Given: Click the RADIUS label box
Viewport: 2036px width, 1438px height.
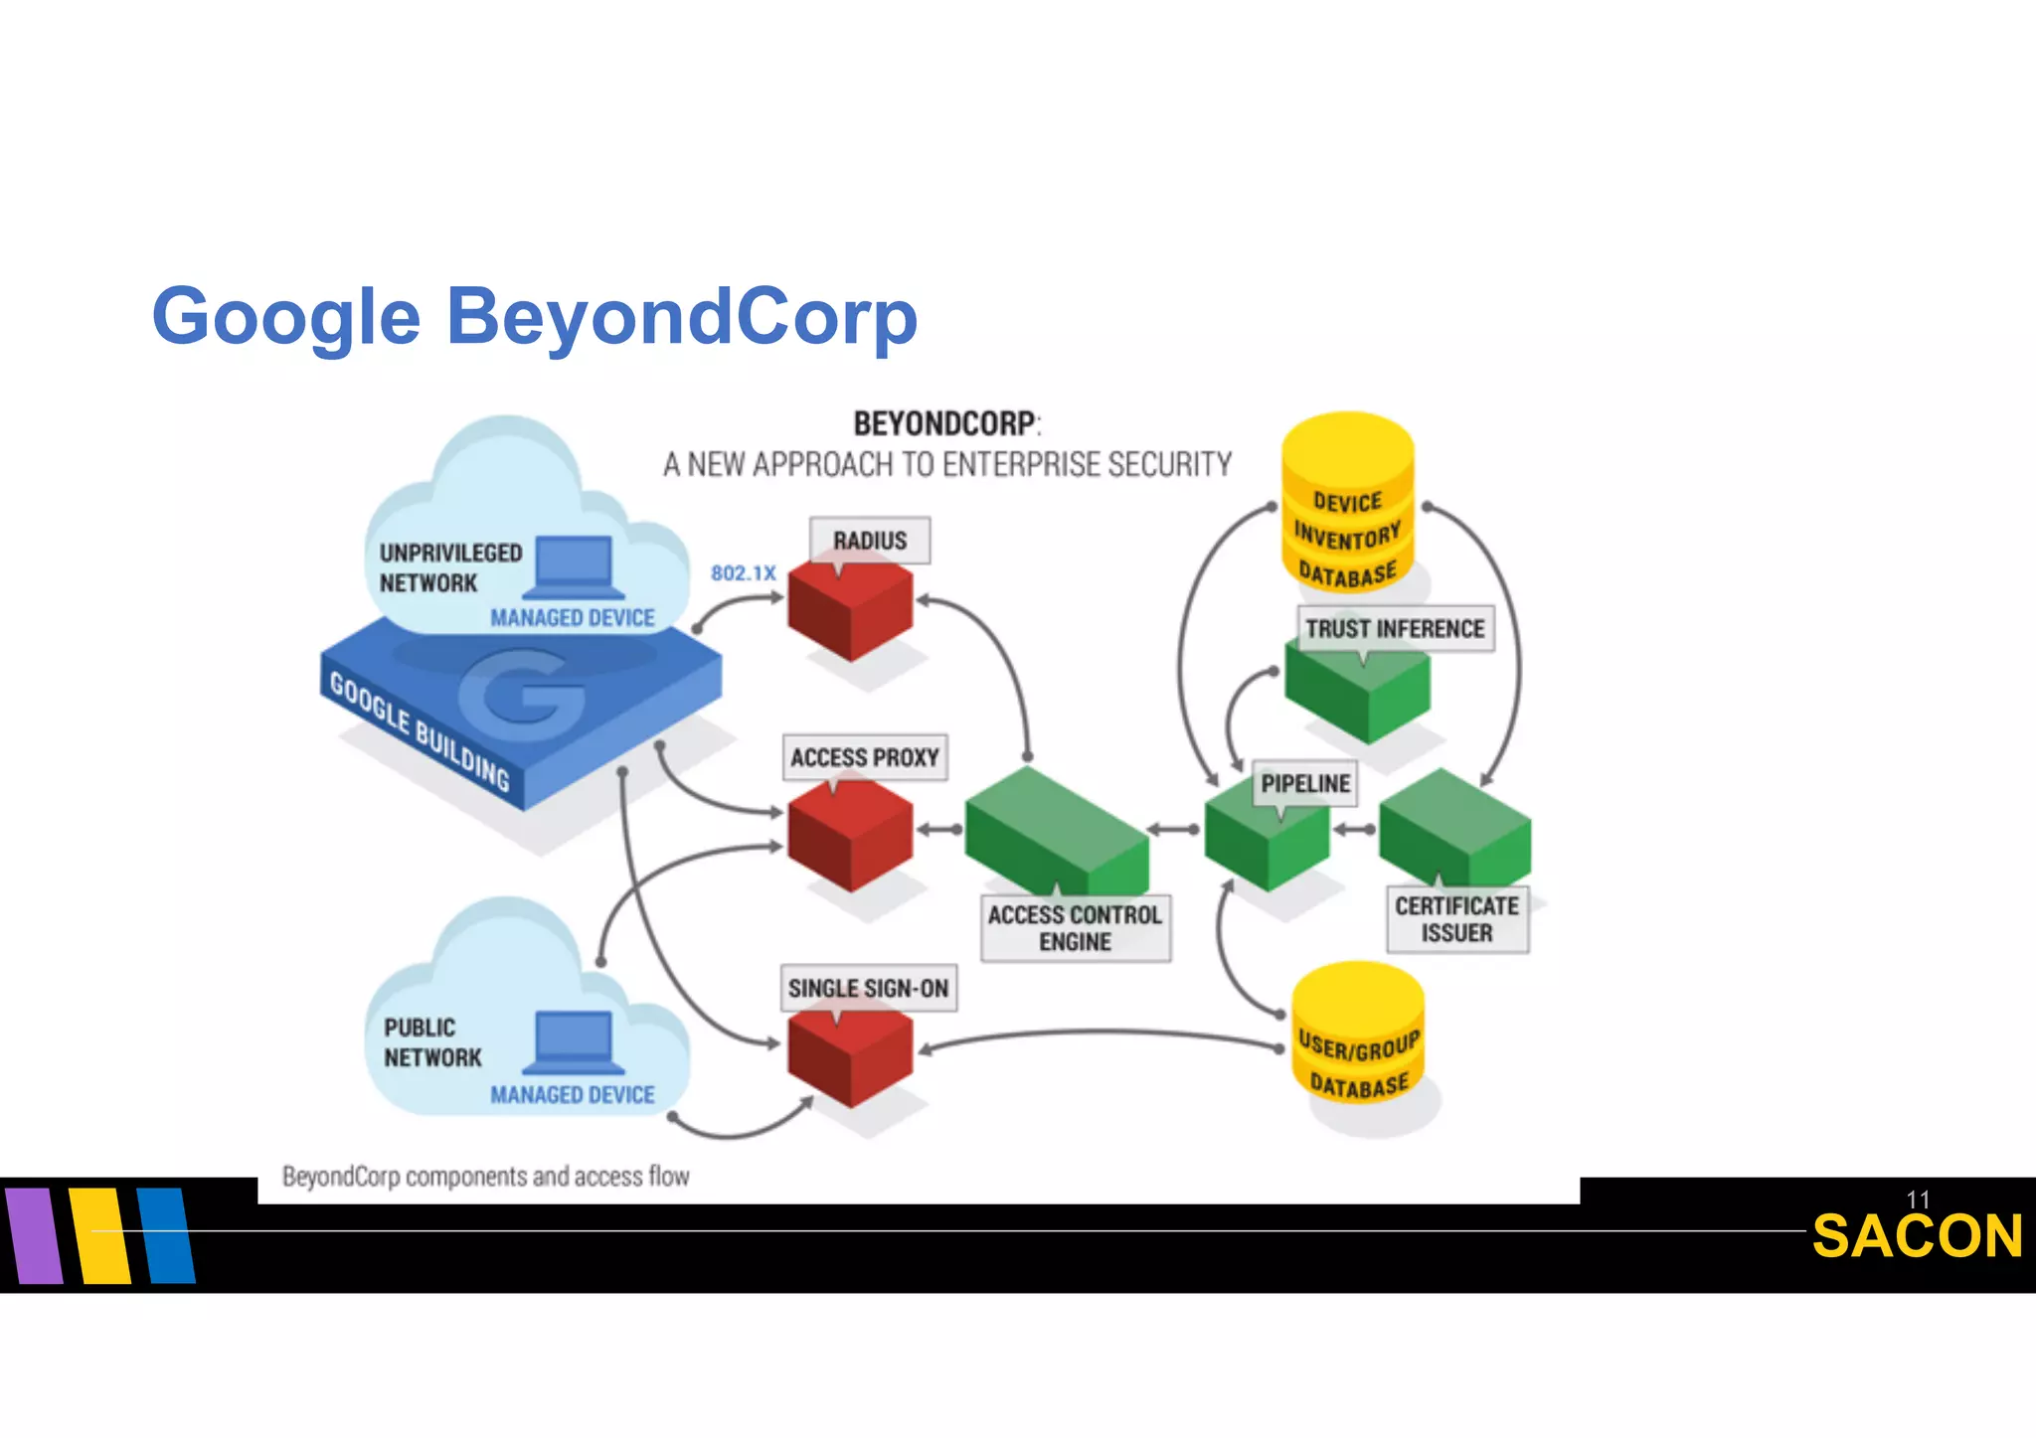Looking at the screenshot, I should (x=870, y=541).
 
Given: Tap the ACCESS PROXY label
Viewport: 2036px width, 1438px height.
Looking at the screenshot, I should (x=865, y=757).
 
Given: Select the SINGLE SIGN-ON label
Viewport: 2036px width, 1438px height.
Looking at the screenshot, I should (x=868, y=988).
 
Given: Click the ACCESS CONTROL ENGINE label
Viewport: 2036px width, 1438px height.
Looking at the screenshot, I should (x=1075, y=928).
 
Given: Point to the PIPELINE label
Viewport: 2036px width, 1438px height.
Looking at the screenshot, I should (x=1305, y=784).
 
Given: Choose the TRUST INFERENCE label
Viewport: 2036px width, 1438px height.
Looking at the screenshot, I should (x=1395, y=629).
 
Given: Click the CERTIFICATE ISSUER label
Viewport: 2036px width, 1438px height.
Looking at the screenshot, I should (x=1456, y=919).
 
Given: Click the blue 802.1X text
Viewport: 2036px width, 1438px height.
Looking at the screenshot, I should (x=743, y=573).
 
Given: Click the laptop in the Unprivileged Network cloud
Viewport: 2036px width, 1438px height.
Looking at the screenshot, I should (x=573, y=567).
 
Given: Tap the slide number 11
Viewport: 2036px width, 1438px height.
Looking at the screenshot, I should (x=1918, y=1199).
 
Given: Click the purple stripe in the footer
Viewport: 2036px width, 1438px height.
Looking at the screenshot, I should (x=34, y=1235).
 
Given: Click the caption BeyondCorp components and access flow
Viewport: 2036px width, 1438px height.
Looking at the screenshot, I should (x=485, y=1177).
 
